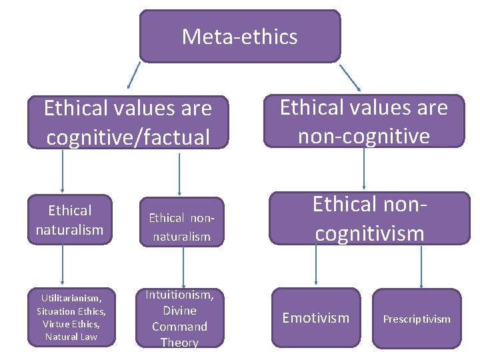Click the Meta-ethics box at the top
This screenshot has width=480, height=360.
coord(239,36)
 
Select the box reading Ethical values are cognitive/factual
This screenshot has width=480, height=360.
coord(127,122)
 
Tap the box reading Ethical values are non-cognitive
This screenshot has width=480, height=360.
coord(363,121)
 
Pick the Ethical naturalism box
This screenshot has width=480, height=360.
coord(70,220)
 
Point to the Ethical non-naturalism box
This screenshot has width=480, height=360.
coord(179,227)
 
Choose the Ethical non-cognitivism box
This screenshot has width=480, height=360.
coord(369,219)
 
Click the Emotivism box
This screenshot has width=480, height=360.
coord(315,318)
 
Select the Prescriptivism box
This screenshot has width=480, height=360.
coord(416,319)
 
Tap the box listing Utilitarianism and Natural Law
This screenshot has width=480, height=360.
coord(71,317)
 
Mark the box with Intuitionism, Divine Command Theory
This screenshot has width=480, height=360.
coord(179,319)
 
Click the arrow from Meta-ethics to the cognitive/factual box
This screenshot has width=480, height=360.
coord(133,76)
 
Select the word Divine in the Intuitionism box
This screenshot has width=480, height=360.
coord(179,311)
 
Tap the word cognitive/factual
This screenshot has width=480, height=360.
coord(127,137)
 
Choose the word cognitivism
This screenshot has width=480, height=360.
coord(369,233)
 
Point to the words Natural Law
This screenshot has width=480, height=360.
coord(71,337)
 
